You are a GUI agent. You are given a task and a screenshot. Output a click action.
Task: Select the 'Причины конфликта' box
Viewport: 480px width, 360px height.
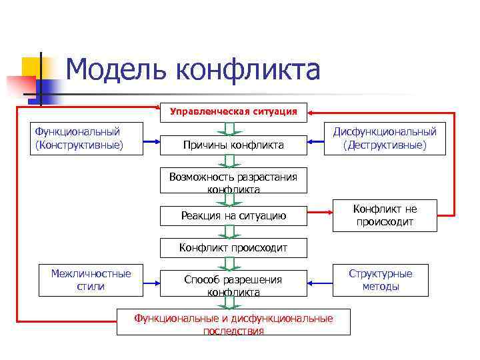coord(233,145)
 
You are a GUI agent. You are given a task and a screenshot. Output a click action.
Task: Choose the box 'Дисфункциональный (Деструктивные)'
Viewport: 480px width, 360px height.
coord(385,138)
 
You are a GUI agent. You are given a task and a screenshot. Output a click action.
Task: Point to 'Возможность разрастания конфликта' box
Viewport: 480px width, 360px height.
coord(233,180)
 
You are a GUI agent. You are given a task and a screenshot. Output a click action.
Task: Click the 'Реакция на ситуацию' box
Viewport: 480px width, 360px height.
coord(233,215)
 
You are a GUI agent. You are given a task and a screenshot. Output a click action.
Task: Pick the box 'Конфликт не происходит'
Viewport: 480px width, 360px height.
coord(384,215)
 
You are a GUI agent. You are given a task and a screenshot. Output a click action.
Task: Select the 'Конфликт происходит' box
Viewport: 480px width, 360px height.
coord(233,248)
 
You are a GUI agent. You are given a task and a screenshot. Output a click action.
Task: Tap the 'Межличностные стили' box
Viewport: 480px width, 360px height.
coord(91,280)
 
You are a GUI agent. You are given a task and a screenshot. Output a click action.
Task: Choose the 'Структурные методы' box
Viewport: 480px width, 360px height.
coord(381,280)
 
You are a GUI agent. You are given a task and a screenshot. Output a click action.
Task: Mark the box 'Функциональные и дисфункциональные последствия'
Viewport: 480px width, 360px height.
coord(233,323)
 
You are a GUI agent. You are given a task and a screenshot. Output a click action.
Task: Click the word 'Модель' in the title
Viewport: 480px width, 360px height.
coord(113,69)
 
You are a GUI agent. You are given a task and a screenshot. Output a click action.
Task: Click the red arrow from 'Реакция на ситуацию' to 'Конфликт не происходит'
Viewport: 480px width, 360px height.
coord(320,213)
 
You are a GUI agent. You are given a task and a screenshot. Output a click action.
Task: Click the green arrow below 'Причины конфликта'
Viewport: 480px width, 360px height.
coord(229,160)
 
